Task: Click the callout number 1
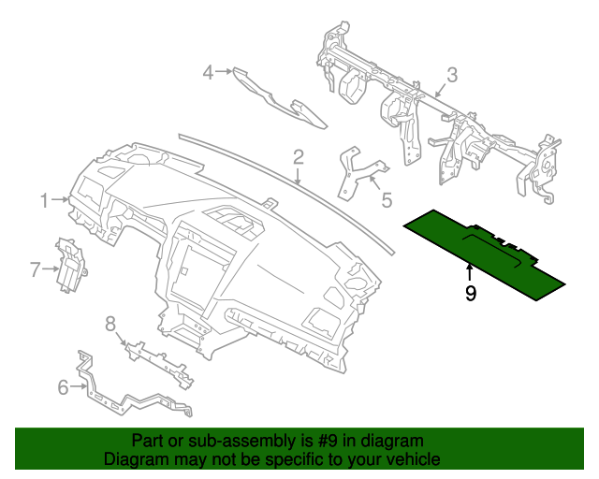click(x=44, y=199)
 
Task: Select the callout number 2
click(x=298, y=155)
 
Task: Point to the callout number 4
click(x=210, y=71)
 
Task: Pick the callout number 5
click(x=386, y=198)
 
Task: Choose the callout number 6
click(x=63, y=386)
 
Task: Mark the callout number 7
click(x=36, y=270)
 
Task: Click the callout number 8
click(x=110, y=324)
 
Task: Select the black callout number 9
click(x=470, y=293)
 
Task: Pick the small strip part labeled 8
click(x=159, y=360)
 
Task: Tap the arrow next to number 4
click(x=225, y=71)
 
